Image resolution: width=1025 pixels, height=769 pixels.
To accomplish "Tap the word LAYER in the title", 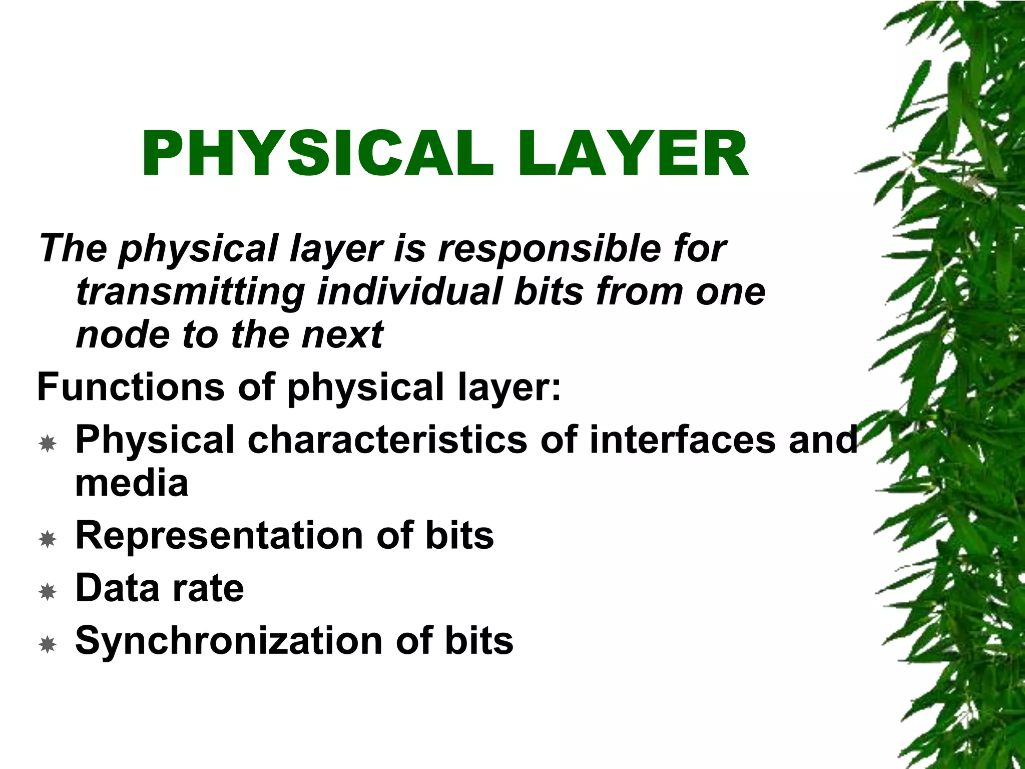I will (x=633, y=154).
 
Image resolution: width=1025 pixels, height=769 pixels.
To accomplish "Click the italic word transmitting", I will (x=190, y=292).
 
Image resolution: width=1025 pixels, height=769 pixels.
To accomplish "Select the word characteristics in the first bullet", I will (x=387, y=440).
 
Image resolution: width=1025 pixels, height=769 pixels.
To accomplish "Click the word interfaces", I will (x=683, y=440).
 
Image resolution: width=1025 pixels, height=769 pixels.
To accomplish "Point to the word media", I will (x=132, y=483).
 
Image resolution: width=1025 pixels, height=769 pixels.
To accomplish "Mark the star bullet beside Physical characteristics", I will (x=48, y=443).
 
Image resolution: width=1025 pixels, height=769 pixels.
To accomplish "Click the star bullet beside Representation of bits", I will (x=48, y=539).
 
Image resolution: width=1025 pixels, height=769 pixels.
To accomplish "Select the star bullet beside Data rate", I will (x=48, y=592).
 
